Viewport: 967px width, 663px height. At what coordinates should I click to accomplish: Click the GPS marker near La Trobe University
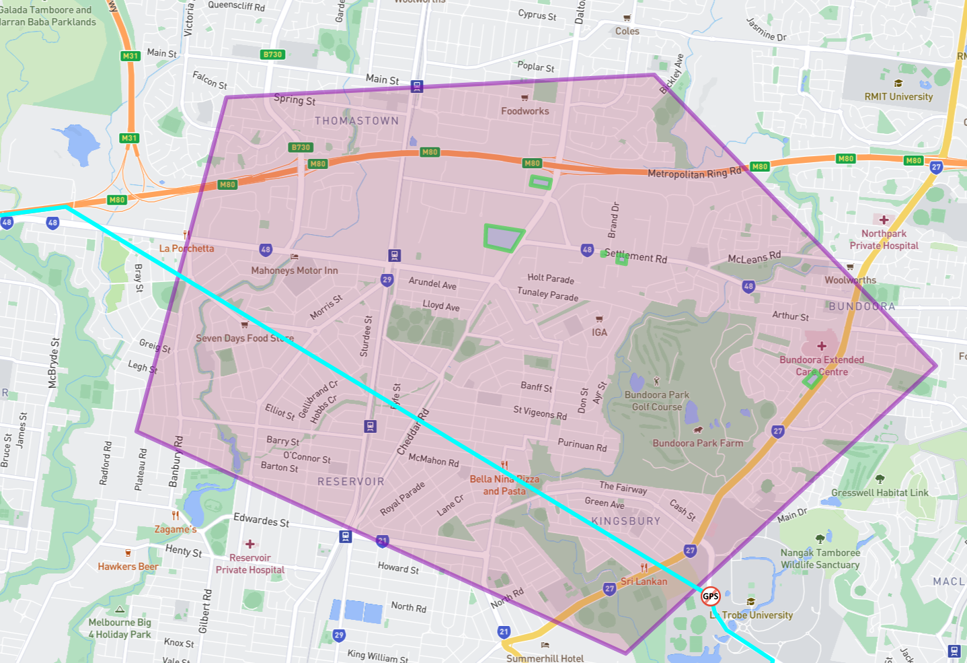[711, 596]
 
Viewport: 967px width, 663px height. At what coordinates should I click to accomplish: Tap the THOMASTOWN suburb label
[356, 121]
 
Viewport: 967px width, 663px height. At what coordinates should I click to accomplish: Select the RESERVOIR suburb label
[351, 482]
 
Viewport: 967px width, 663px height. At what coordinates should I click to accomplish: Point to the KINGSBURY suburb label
[625, 521]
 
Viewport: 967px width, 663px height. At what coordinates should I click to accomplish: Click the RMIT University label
[898, 96]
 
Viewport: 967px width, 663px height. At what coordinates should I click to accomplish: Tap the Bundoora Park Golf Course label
[657, 400]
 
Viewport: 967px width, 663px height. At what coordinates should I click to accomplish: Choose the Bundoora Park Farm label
[698, 443]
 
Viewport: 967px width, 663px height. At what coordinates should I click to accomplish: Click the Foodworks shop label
[525, 111]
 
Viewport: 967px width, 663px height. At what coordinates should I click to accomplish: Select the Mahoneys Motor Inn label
[295, 271]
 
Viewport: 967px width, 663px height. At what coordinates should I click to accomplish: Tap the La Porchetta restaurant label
[186, 248]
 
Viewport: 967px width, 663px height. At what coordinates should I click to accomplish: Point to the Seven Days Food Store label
[245, 338]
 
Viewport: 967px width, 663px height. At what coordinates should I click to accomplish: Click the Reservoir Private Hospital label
[250, 563]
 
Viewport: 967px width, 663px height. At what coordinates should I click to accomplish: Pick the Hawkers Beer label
[128, 566]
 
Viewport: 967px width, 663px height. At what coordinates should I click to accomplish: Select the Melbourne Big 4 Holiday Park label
[120, 628]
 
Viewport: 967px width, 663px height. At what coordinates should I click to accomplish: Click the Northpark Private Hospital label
[884, 240]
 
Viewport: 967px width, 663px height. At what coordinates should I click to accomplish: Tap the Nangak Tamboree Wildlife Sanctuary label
[820, 559]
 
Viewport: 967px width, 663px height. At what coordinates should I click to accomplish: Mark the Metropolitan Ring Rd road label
[694, 173]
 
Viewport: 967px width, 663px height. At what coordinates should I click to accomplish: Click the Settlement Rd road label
[635, 256]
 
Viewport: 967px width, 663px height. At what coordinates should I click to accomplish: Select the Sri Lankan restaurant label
[644, 581]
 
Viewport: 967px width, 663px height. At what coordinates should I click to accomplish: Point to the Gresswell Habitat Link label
[880, 493]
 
